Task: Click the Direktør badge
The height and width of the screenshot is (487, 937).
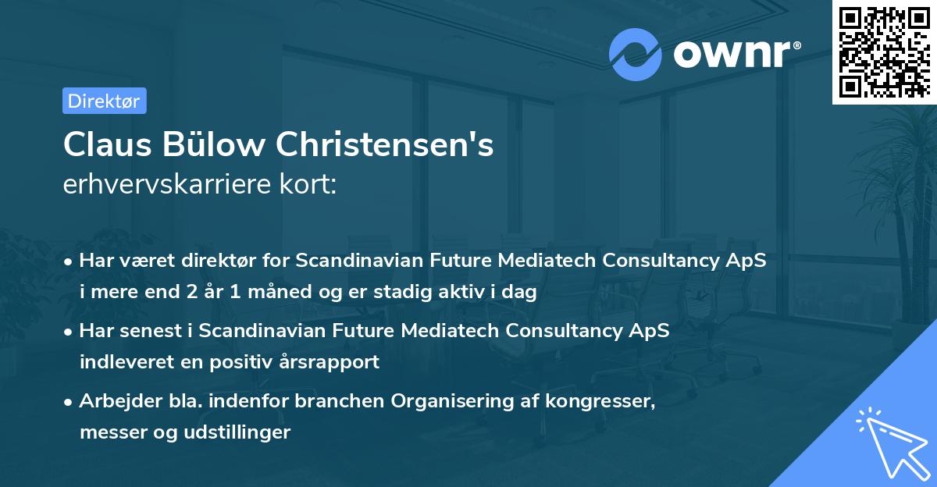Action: coord(104,101)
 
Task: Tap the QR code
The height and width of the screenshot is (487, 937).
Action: coord(884,52)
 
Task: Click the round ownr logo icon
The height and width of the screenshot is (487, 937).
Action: coord(636,54)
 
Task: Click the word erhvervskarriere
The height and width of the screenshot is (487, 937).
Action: coord(156,186)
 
